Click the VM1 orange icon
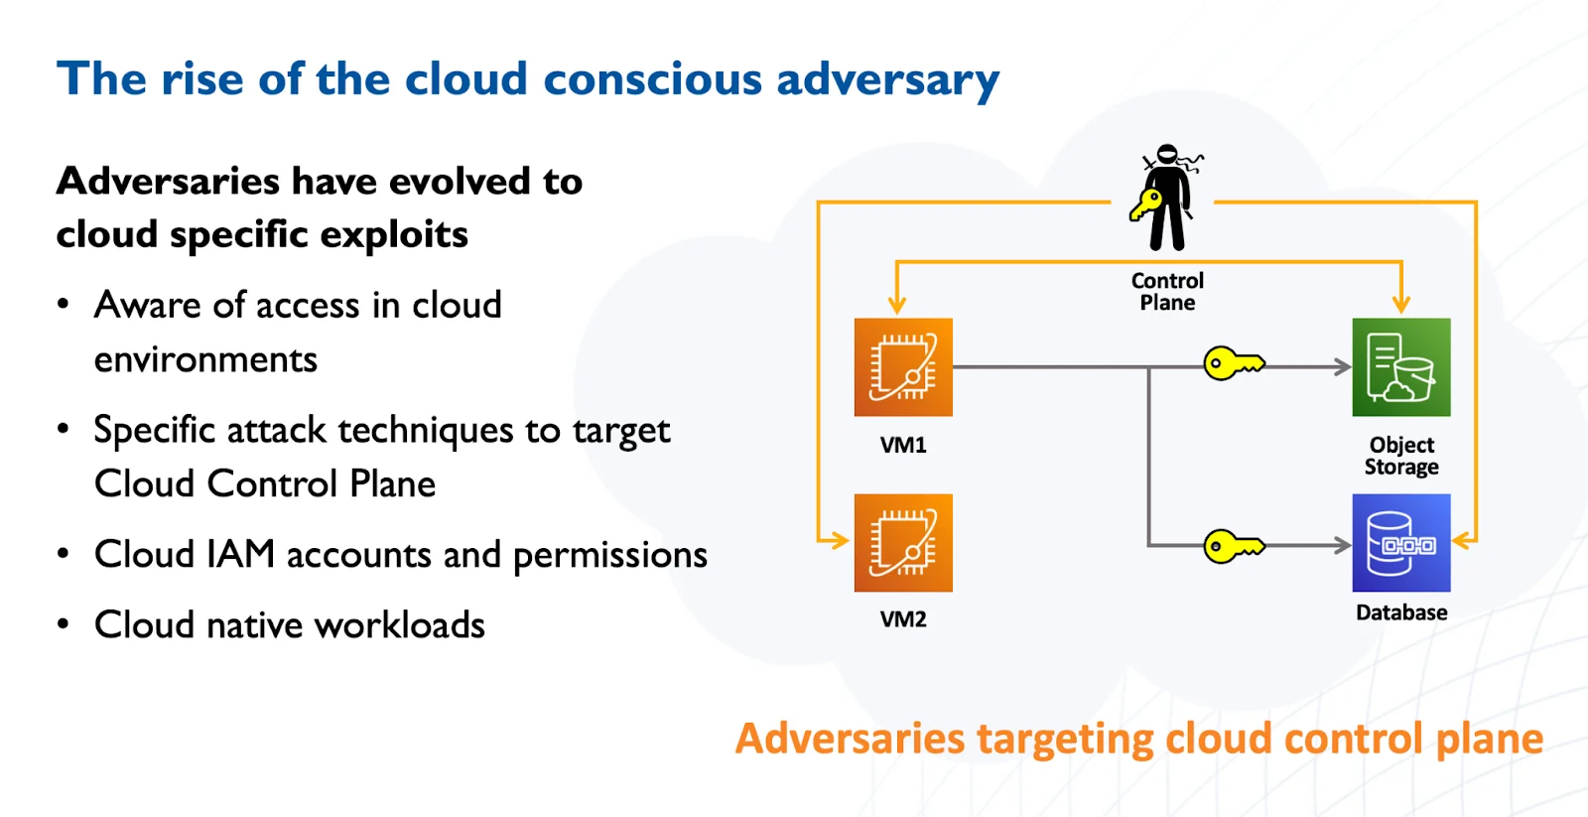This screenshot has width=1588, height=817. (903, 367)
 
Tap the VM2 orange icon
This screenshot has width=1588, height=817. (903, 543)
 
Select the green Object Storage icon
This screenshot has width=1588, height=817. (1401, 367)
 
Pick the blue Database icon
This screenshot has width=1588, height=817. (1401, 543)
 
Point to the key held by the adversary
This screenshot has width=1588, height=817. (1146, 205)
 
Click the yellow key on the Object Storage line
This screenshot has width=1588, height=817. (1234, 364)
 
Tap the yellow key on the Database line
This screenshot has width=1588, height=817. (1234, 546)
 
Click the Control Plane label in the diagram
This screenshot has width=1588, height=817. (1167, 292)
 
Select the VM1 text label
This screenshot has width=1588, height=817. (903, 445)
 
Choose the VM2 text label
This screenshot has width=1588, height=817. (903, 619)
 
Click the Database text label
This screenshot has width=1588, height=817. (1401, 613)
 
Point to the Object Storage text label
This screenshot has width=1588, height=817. (1401, 456)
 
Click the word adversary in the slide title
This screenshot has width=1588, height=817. (887, 80)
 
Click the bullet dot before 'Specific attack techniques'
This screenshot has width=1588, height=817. (64, 429)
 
